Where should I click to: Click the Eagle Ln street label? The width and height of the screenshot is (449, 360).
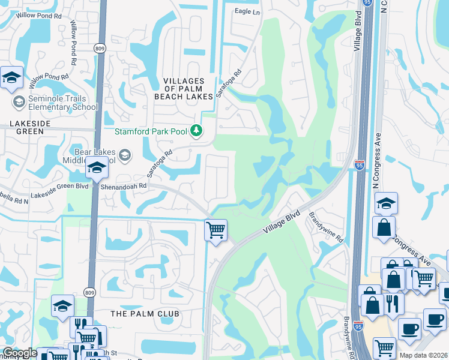(x=247, y=11)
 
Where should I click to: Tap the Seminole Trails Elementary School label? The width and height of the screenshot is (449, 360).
(x=62, y=103)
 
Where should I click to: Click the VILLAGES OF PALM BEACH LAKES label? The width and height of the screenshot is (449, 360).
(x=188, y=88)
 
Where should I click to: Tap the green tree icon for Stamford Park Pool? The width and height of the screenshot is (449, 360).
(x=196, y=130)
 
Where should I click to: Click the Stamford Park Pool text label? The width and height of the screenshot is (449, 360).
(x=152, y=131)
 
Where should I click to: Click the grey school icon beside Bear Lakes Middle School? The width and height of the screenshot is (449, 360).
(x=125, y=155)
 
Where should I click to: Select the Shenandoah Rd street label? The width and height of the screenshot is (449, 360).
(x=123, y=186)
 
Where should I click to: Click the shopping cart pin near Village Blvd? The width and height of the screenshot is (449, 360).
(x=215, y=229)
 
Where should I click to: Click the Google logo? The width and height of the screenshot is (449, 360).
(x=20, y=353)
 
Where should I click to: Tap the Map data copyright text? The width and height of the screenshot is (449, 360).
(x=423, y=355)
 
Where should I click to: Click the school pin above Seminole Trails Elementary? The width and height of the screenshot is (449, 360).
(x=11, y=78)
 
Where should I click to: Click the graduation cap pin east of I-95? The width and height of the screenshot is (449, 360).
(x=386, y=205)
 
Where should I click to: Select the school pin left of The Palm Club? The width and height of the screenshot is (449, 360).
(x=62, y=306)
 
